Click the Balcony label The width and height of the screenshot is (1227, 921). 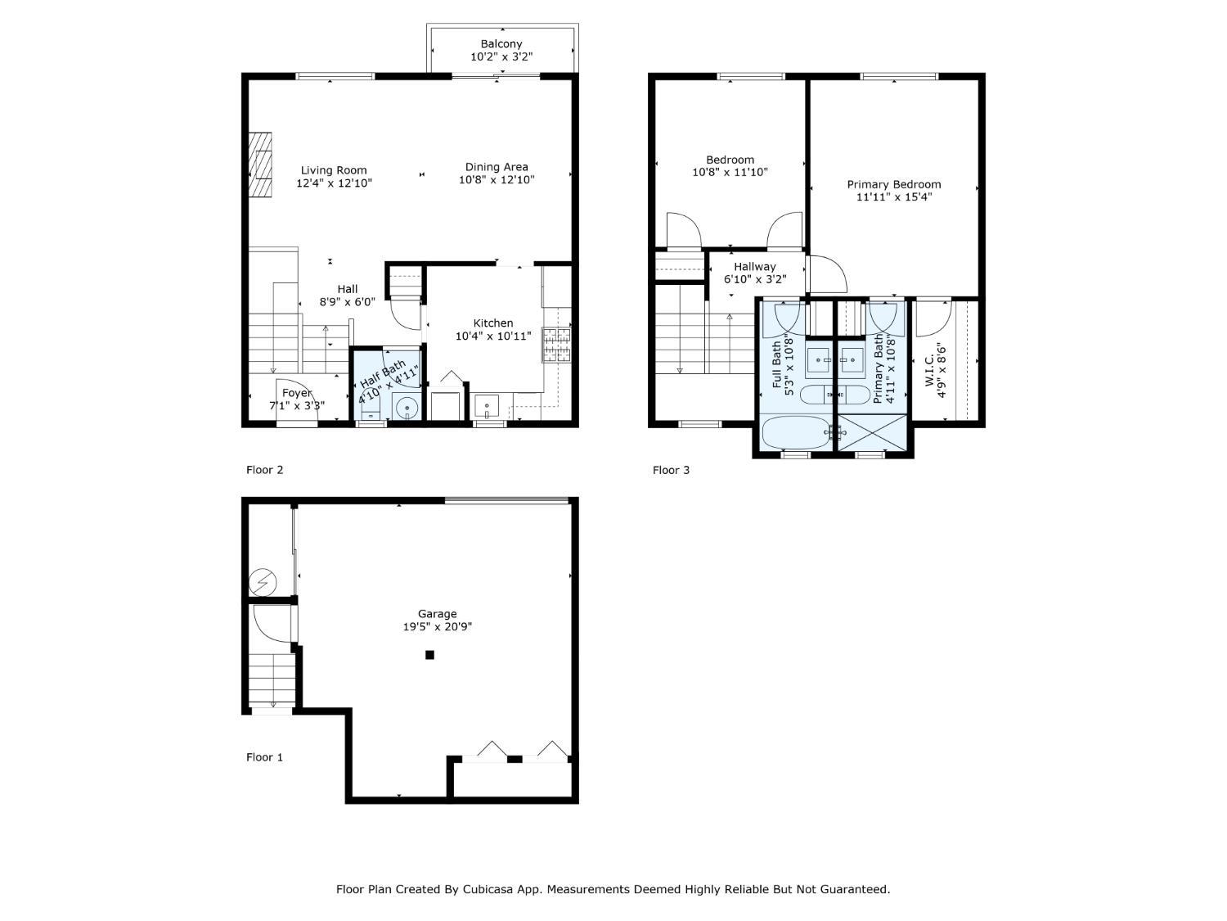[x=501, y=43]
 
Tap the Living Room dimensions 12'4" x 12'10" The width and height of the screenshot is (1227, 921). [x=334, y=183]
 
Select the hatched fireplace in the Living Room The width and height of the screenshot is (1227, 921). [x=260, y=165]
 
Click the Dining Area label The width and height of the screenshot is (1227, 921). [x=497, y=167]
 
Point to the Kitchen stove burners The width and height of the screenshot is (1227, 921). [x=557, y=345]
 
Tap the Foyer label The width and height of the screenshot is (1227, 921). [x=297, y=393]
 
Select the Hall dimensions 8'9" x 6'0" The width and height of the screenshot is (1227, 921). [x=347, y=302]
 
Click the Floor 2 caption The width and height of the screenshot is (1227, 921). [x=264, y=470]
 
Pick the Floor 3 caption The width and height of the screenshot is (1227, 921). [x=671, y=470]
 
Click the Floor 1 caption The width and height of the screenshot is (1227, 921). [x=264, y=757]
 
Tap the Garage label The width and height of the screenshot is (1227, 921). [x=437, y=613]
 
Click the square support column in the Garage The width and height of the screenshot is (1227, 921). [x=429, y=655]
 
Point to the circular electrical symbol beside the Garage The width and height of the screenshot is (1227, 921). [x=263, y=582]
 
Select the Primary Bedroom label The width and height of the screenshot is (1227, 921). [x=894, y=184]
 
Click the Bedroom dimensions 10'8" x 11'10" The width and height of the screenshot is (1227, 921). [x=730, y=172]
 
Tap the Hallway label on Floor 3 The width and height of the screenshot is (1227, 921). [x=755, y=267]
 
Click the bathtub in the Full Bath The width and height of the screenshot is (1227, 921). [x=797, y=432]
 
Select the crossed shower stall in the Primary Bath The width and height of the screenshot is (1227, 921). [x=872, y=431]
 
